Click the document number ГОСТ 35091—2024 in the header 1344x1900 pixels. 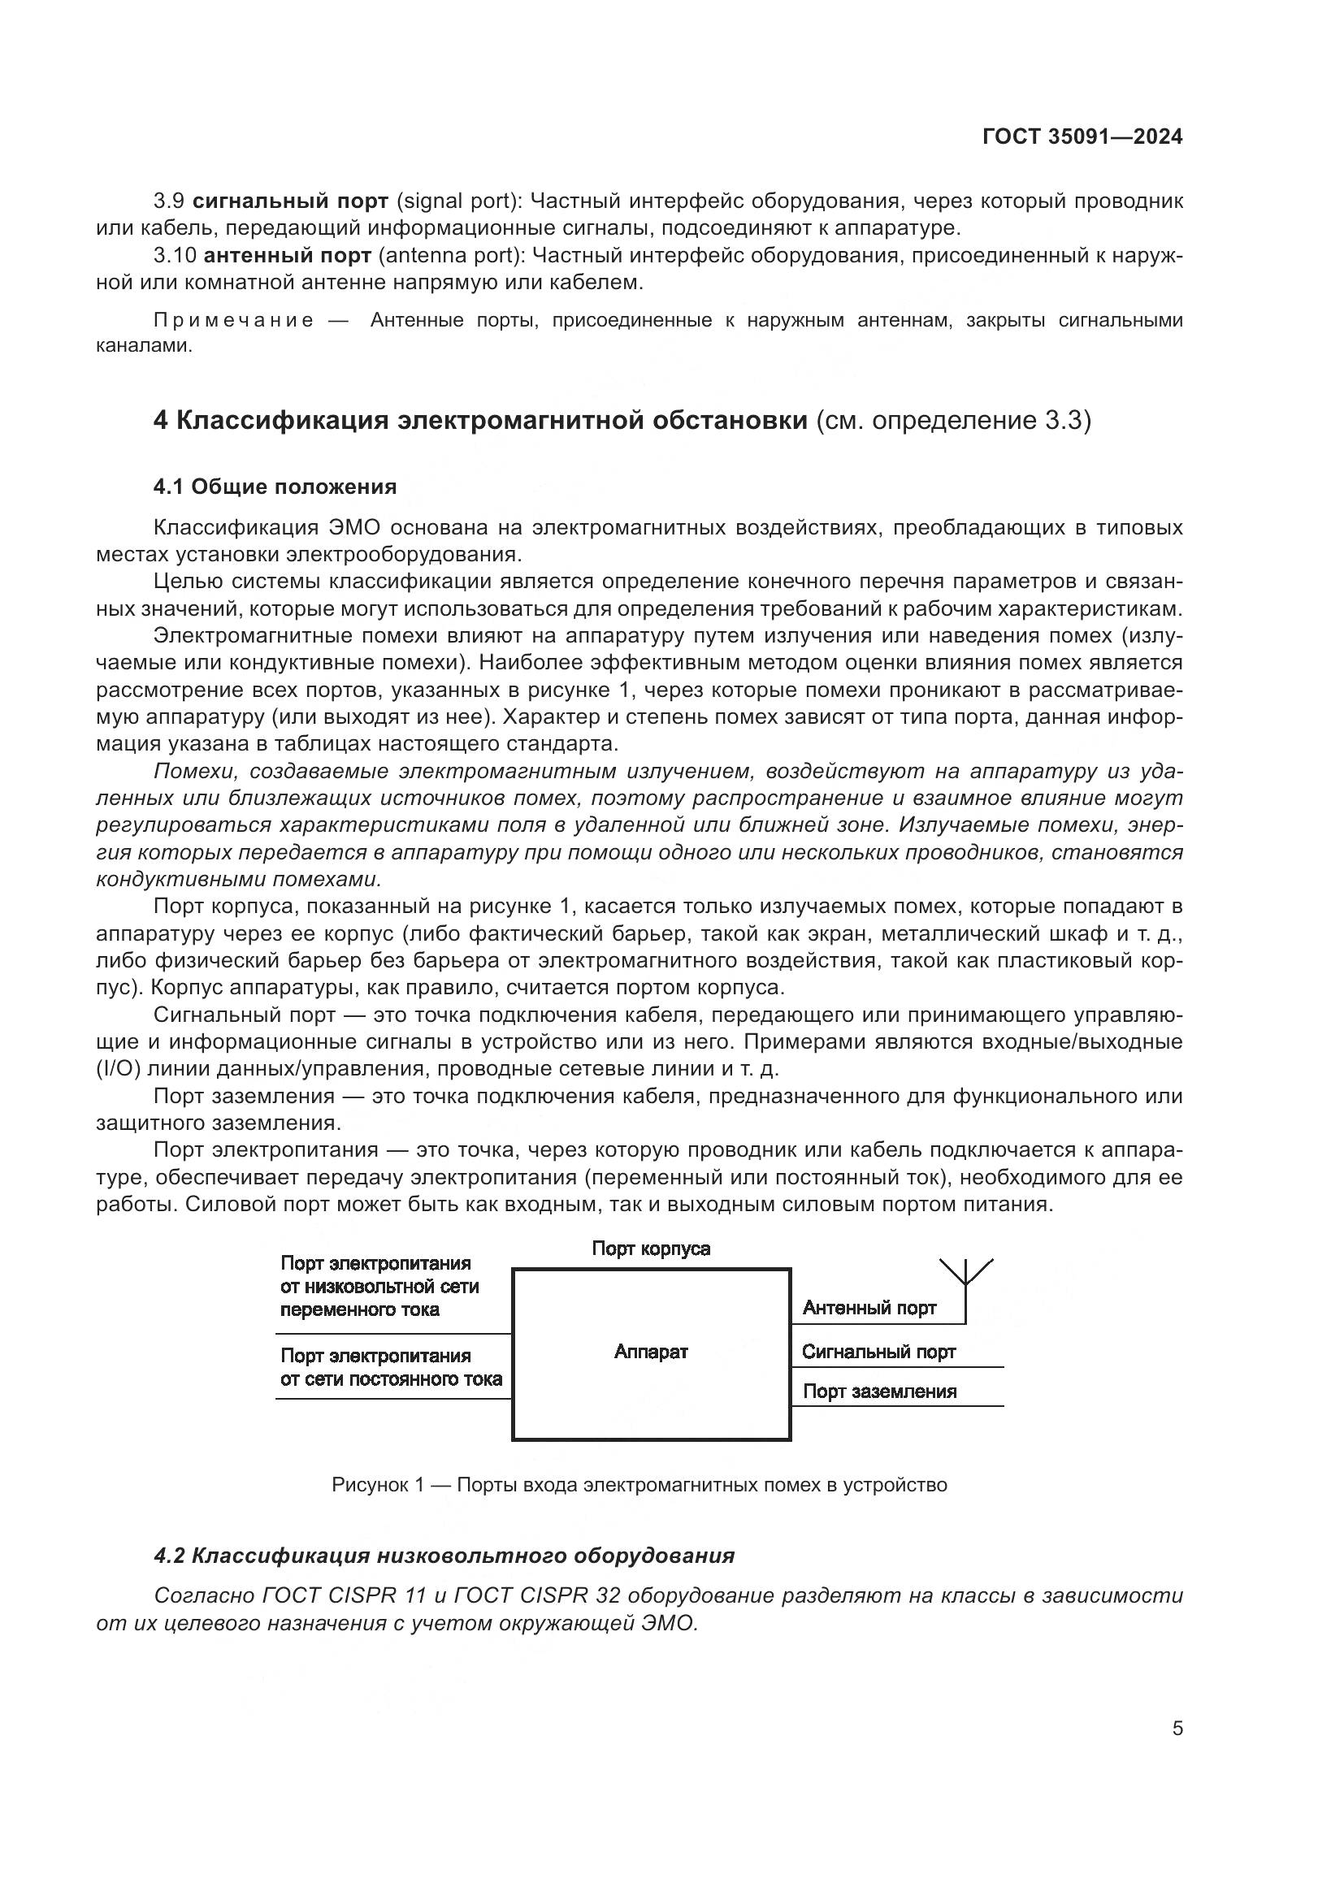1082,137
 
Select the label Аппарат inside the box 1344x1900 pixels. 651,1352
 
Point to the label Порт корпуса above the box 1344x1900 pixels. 651,1249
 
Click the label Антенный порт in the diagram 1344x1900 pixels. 869,1309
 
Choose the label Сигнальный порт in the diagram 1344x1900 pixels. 878,1353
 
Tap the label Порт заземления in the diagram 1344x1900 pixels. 879,1391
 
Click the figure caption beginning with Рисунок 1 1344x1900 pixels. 639,1485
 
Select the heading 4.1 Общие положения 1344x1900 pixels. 275,487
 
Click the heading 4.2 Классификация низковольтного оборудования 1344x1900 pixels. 444,1556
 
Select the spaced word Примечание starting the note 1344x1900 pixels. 234,320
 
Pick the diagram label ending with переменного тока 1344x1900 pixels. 379,1287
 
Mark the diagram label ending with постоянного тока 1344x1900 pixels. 391,1367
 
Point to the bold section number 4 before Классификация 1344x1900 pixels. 161,421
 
